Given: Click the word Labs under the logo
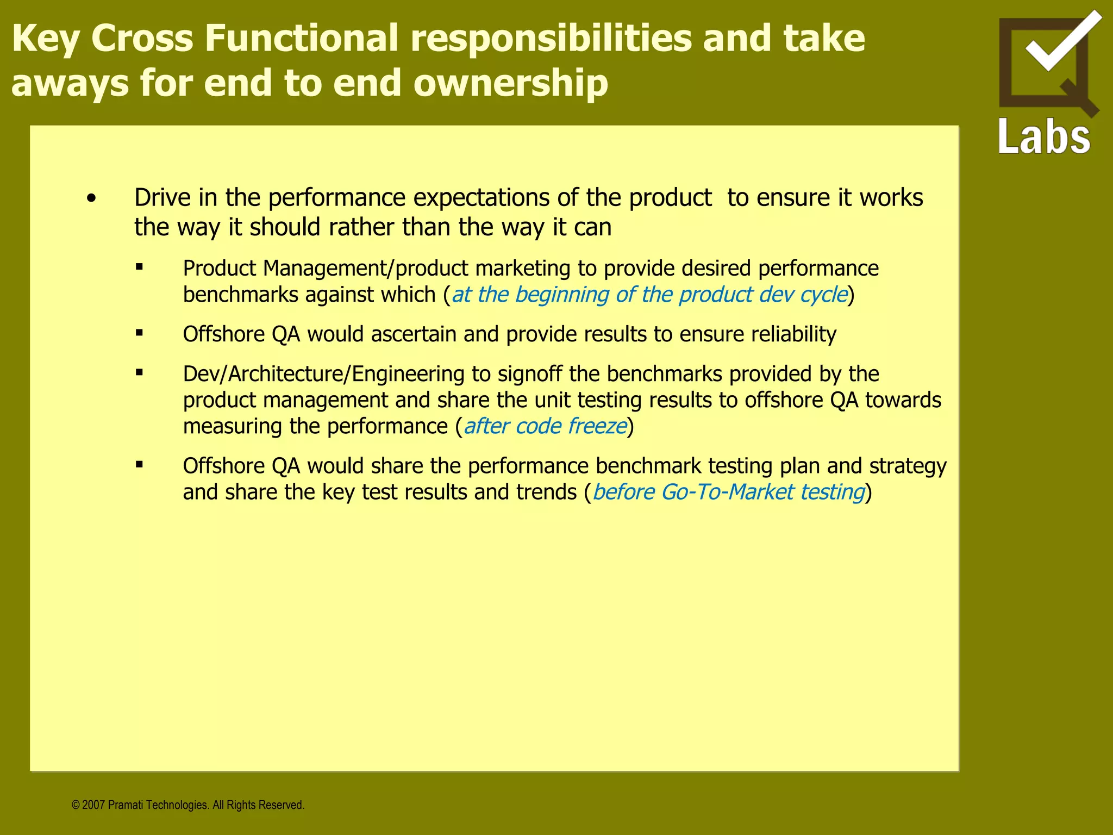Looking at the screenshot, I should [1044, 136].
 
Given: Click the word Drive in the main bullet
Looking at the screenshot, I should [162, 197].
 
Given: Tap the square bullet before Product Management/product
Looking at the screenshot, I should [140, 267].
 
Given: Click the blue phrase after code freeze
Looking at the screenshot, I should [545, 426].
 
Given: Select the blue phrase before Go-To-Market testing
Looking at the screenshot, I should [728, 492].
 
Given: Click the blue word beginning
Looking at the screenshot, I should [562, 295].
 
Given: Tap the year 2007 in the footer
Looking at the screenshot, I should [93, 805].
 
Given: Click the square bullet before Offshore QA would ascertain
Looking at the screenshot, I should [140, 333].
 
